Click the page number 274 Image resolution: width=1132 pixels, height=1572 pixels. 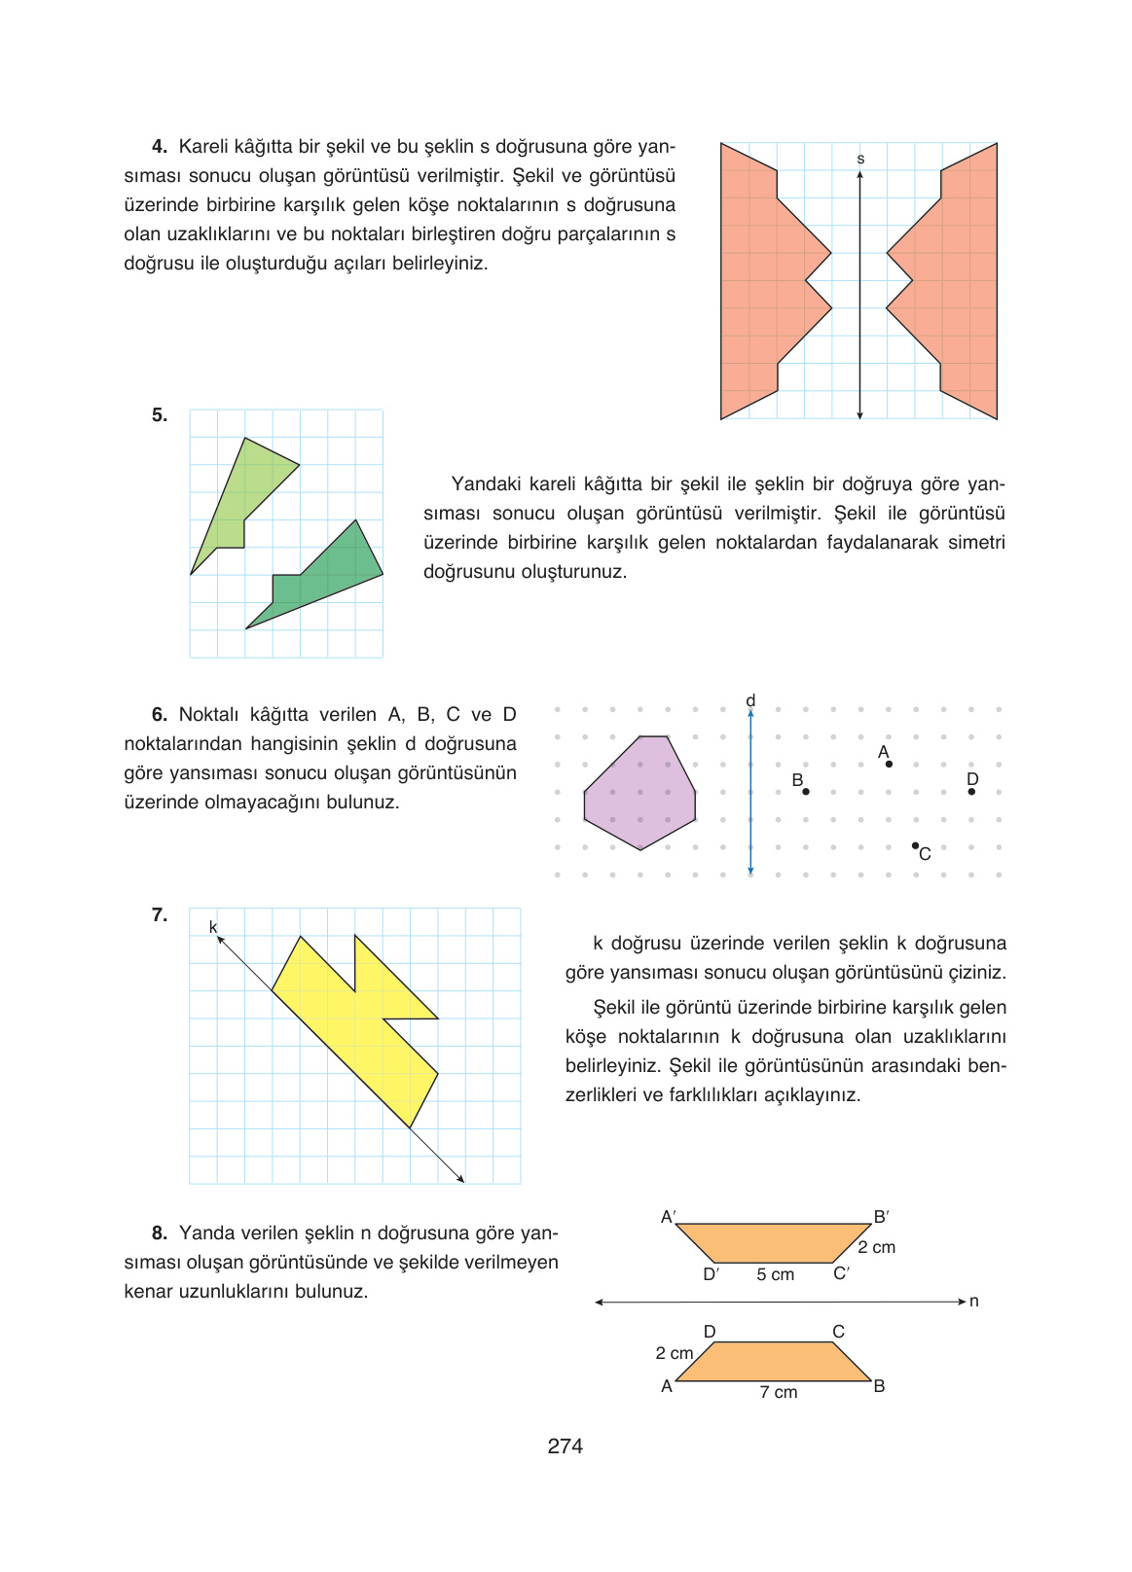click(565, 1446)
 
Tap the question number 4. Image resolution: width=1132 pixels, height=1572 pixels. click(159, 147)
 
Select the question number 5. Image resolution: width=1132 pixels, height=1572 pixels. click(159, 415)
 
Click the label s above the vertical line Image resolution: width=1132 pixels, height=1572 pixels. click(860, 159)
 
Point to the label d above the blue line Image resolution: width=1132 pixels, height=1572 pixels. click(750, 700)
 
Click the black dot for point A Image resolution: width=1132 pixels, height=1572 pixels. click(889, 764)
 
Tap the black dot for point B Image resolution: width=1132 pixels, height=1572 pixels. click(806, 792)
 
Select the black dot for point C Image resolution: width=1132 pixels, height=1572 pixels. click(915, 845)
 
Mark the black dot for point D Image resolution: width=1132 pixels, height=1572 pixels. click(971, 792)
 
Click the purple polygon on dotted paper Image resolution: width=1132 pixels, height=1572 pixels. click(639, 793)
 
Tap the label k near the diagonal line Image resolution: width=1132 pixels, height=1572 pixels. click(213, 927)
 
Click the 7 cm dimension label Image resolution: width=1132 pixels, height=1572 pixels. click(778, 1392)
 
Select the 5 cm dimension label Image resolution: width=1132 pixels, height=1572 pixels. click(775, 1274)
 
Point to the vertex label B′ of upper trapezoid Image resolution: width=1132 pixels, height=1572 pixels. click(881, 1217)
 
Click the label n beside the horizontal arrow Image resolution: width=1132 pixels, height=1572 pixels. click(973, 1302)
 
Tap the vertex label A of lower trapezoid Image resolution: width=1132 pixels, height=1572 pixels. click(667, 1386)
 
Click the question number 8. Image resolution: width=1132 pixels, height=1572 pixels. click(159, 1233)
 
